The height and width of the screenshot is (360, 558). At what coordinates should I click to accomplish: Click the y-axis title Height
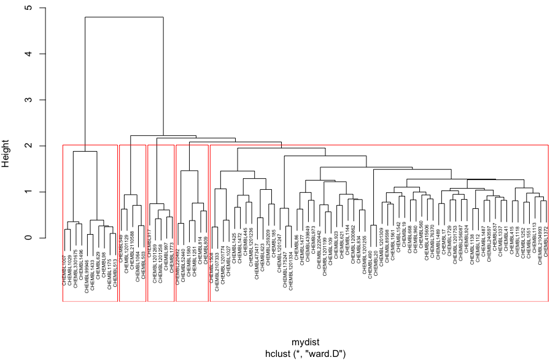(x=7, y=152)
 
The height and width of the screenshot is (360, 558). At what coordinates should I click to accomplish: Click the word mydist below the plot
(x=305, y=342)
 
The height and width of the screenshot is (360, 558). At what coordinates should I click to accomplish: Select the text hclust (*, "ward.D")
(x=305, y=353)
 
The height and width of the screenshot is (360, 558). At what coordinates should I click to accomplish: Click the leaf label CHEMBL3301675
(x=76, y=264)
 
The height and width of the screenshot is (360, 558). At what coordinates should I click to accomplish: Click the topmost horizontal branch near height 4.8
(x=124, y=17)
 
